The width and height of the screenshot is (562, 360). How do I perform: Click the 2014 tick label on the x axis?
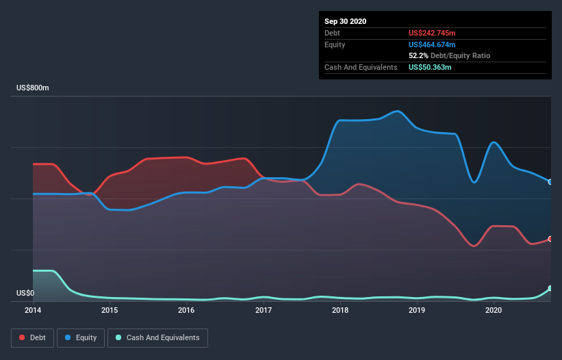pyautogui.click(x=32, y=310)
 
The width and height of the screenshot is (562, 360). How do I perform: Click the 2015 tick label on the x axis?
pyautogui.click(x=110, y=310)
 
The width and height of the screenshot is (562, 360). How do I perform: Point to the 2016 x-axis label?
pyautogui.click(x=186, y=310)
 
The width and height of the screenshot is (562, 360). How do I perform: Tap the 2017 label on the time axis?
pyautogui.click(x=263, y=310)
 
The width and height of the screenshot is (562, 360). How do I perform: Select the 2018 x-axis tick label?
pyautogui.click(x=340, y=310)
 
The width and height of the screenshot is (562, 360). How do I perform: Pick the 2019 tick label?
pyautogui.click(x=417, y=310)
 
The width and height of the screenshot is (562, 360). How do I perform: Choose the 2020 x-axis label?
pyautogui.click(x=494, y=310)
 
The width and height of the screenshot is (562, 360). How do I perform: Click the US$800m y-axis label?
pyautogui.click(x=33, y=88)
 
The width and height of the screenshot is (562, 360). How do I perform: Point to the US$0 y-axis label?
pyautogui.click(x=25, y=293)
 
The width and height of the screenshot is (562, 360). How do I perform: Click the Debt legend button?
pyautogui.click(x=32, y=337)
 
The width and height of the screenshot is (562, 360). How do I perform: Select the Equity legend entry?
pyautogui.click(x=81, y=337)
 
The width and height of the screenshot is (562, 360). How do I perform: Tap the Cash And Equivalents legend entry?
pyautogui.click(x=157, y=337)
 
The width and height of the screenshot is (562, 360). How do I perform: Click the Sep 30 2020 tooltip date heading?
pyautogui.click(x=346, y=21)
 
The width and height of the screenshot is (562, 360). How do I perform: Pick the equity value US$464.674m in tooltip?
pyautogui.click(x=432, y=44)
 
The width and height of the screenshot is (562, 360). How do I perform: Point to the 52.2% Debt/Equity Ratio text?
pyautogui.click(x=449, y=55)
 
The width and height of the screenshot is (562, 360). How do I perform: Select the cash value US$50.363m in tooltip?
pyautogui.click(x=430, y=67)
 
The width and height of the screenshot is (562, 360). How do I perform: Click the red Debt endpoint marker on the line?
pyautogui.click(x=550, y=239)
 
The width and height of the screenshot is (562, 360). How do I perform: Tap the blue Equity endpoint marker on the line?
pyautogui.click(x=550, y=182)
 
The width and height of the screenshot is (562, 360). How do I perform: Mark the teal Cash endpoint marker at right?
pyautogui.click(x=550, y=289)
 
